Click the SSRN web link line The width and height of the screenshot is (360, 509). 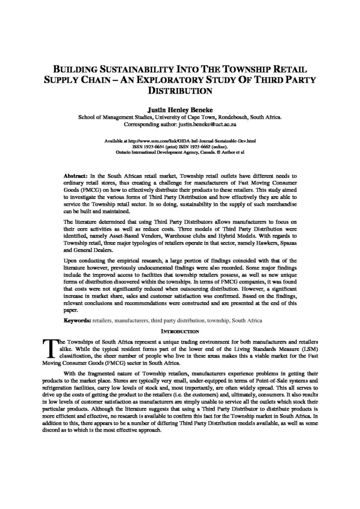[180, 142]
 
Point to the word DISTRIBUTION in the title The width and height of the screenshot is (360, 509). [180, 91]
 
